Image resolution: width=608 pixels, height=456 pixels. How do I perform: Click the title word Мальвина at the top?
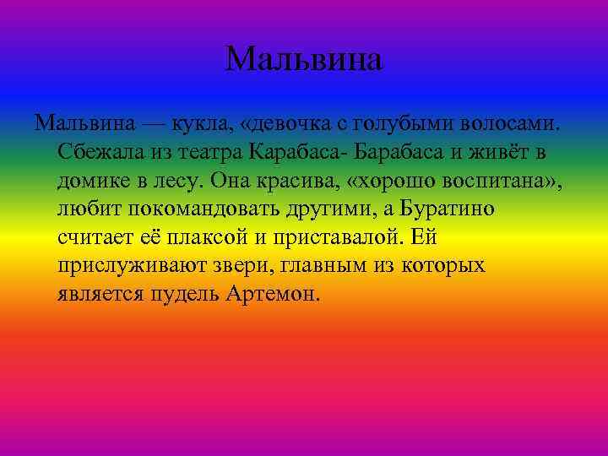point(304,59)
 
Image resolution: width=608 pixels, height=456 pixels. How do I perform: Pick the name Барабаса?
point(397,154)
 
